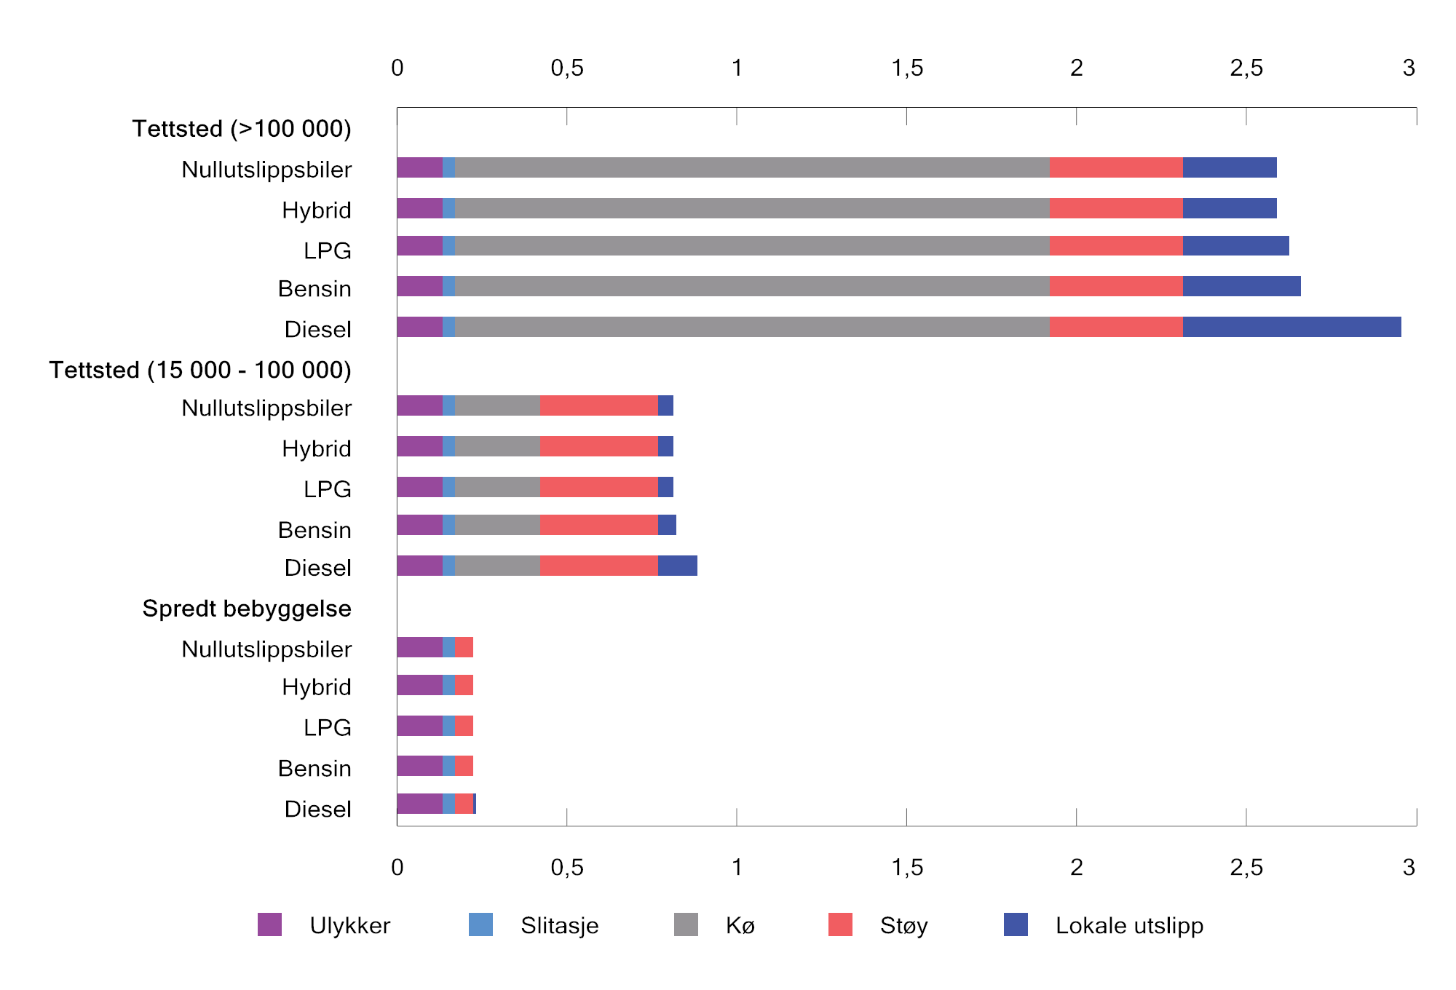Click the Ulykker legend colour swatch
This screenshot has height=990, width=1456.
[269, 924]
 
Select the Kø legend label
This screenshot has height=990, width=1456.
[740, 925]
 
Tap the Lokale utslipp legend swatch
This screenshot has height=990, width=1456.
[1016, 924]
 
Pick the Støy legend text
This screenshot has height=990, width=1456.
[903, 925]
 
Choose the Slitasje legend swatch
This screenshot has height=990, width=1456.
[480, 924]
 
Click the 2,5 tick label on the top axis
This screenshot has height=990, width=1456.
[1246, 68]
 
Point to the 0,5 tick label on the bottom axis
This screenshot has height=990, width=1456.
[566, 867]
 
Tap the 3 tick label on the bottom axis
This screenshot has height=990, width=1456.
[1409, 867]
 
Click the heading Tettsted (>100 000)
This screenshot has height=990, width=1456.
[242, 129]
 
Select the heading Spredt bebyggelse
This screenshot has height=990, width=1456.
[247, 609]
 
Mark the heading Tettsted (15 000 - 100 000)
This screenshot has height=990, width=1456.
[200, 370]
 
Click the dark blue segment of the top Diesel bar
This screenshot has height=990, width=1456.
[1291, 327]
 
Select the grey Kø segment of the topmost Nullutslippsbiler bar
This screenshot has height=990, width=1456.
[752, 167]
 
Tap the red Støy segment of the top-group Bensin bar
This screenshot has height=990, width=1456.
[1116, 286]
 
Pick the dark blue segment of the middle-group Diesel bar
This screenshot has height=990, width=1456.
[677, 566]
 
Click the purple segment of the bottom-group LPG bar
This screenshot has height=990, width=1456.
[419, 726]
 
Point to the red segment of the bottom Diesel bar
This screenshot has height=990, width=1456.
[464, 804]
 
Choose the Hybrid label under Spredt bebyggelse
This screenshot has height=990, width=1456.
[316, 686]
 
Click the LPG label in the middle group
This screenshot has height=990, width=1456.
[327, 489]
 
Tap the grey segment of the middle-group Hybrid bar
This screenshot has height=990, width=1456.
[497, 446]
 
